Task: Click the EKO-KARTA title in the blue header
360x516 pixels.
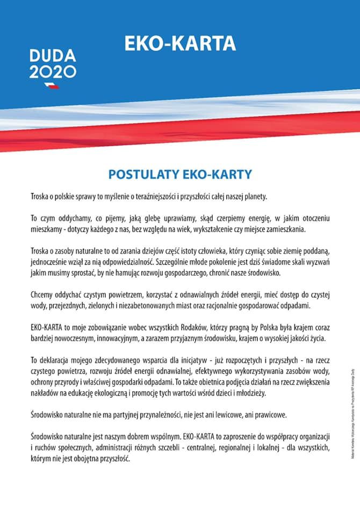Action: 180,44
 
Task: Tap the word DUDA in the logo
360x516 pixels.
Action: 53,56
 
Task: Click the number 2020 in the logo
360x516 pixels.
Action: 53,72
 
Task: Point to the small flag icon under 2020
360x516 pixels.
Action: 52,85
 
